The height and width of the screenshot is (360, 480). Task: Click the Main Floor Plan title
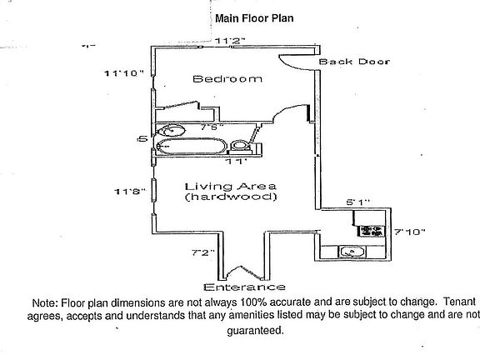(x=254, y=18)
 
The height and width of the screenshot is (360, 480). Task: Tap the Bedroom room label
(x=227, y=79)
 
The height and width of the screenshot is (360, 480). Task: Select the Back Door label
(x=354, y=62)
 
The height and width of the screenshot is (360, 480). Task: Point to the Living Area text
(x=231, y=186)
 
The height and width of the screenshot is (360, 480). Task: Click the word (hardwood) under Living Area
(x=231, y=196)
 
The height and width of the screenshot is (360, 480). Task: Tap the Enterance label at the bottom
(x=244, y=287)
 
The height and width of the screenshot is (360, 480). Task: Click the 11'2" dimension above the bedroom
(x=230, y=40)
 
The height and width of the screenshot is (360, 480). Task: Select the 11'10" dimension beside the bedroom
(x=123, y=73)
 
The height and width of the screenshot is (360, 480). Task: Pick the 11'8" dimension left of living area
(x=130, y=192)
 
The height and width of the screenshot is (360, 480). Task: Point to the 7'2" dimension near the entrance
(x=203, y=252)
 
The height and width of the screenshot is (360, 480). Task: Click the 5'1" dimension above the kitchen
(x=357, y=202)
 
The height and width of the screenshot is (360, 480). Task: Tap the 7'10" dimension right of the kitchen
(x=410, y=232)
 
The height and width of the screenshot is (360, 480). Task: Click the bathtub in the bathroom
(x=192, y=146)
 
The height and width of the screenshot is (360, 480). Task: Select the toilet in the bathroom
(x=241, y=146)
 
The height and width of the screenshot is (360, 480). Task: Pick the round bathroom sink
(x=172, y=130)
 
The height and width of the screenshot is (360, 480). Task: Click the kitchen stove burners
(x=372, y=231)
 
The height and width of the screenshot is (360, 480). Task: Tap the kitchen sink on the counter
(x=352, y=252)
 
